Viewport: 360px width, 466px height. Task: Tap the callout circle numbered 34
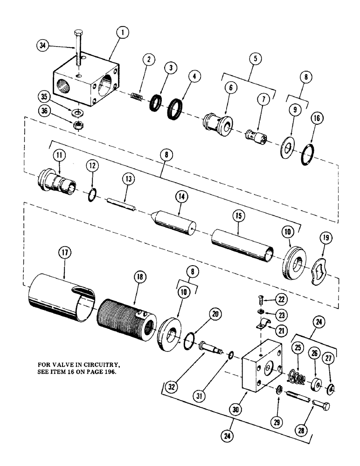point(44,45)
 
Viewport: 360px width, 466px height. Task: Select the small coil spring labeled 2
point(135,96)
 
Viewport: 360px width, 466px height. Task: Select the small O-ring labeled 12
point(92,193)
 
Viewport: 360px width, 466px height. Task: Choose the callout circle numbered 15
point(238,217)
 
